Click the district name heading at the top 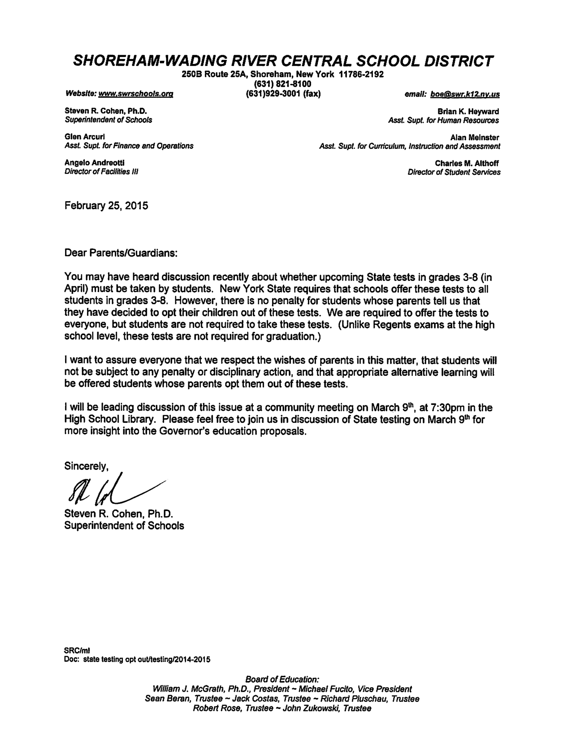pos(283,60)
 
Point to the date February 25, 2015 pos(106,206)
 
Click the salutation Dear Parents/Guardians pos(121,253)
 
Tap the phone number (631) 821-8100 pos(283,84)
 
